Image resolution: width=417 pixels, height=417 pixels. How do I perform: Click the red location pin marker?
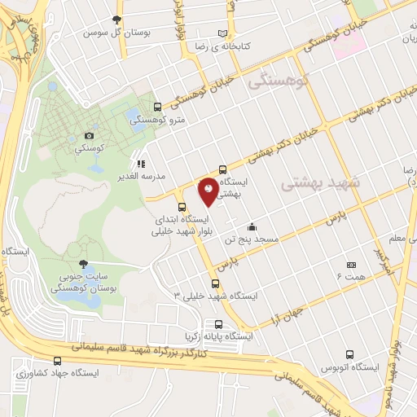208,189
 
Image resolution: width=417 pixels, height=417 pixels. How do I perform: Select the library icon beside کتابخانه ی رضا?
223,33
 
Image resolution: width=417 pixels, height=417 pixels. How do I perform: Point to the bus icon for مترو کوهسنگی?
157,107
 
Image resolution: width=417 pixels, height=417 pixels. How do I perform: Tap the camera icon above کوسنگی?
89,135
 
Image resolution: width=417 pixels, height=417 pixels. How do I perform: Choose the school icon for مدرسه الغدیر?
140,162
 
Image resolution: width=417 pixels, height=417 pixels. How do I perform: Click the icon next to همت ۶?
352,265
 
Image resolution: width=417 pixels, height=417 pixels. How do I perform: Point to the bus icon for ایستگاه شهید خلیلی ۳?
216,283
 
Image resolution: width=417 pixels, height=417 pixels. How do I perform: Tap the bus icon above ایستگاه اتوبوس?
349,354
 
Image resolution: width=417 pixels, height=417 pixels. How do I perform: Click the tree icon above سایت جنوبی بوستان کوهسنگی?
83,263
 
